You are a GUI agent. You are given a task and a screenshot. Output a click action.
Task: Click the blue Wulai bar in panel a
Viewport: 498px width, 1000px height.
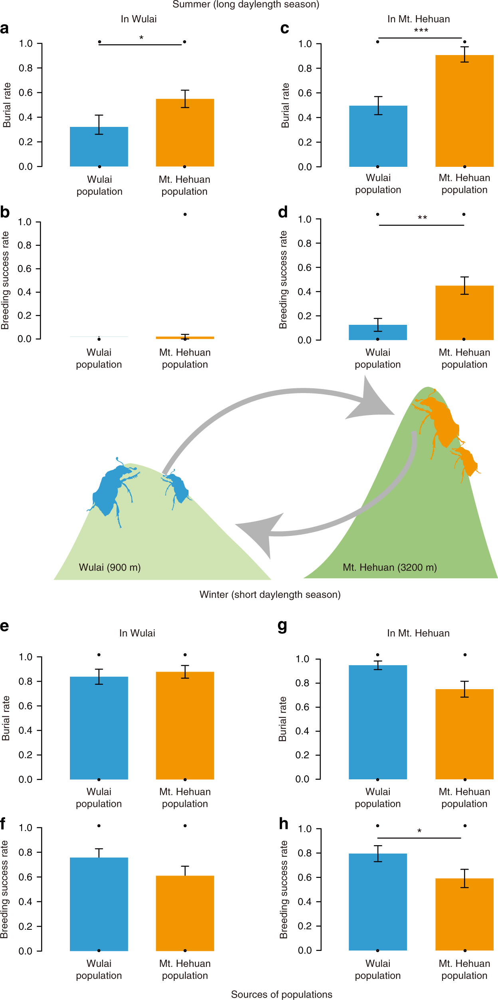[x=99, y=147]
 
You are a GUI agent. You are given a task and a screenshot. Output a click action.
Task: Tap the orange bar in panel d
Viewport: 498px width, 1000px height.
[x=464, y=313]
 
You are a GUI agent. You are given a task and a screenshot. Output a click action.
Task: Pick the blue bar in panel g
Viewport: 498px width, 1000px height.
[x=378, y=722]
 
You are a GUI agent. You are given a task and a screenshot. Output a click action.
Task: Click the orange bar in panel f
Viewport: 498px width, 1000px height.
[x=185, y=913]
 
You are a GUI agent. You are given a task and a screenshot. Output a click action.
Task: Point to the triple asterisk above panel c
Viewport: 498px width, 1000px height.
[x=421, y=31]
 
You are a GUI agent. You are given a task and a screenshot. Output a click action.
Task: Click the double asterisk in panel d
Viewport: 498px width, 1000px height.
[x=422, y=218]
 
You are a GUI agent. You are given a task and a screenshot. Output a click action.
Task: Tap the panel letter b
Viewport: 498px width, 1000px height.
[x=5, y=212]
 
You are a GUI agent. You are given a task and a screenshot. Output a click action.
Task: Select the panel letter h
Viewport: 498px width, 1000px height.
[x=283, y=824]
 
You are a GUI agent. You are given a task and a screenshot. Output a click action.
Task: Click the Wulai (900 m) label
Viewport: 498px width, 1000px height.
[x=110, y=567]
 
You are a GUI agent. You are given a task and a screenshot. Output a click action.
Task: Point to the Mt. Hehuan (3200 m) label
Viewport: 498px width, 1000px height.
[x=390, y=567]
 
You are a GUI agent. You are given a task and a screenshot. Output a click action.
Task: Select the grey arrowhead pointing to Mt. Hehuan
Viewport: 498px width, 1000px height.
[x=371, y=403]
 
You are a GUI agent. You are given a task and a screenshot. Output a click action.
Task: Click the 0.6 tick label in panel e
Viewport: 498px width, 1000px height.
[x=26, y=706]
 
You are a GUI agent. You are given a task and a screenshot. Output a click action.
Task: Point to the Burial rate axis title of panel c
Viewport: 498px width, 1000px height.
[x=285, y=105]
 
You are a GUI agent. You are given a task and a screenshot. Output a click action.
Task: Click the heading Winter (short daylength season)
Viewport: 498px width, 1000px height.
[x=270, y=595]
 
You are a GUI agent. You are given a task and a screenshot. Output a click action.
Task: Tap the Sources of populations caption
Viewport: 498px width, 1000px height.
[x=282, y=994]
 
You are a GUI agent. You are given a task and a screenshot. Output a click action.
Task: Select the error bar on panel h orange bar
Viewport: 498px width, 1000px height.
[x=464, y=878]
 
